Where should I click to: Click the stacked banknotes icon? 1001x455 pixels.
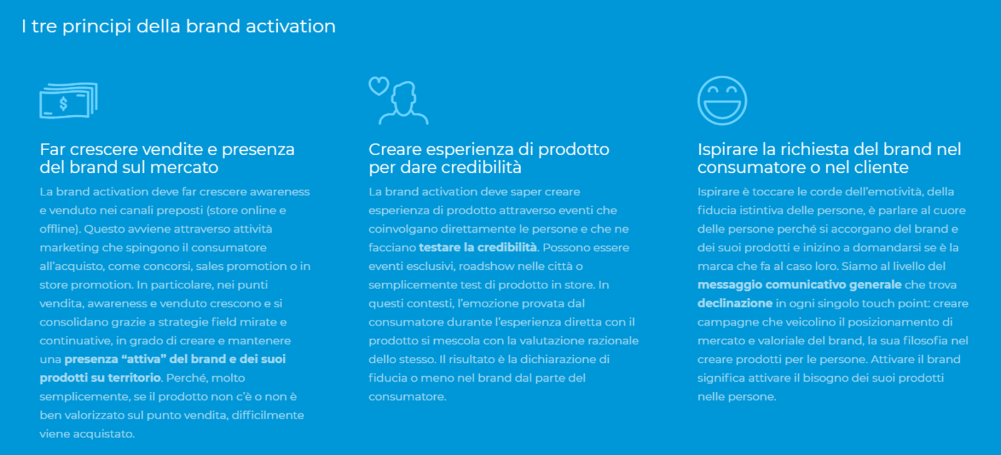point(68,101)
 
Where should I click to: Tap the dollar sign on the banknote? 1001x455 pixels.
point(63,104)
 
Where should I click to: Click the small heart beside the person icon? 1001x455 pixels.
point(379,85)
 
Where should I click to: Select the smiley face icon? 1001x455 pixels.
point(722,101)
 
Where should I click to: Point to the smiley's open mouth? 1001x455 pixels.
point(722,109)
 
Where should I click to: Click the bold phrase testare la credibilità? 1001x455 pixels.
point(478,247)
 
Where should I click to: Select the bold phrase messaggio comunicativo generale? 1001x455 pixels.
point(800,285)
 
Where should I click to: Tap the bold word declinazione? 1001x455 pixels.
point(735,303)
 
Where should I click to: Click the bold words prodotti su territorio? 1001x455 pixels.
point(100,377)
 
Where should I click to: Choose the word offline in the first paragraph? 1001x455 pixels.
point(58,229)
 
